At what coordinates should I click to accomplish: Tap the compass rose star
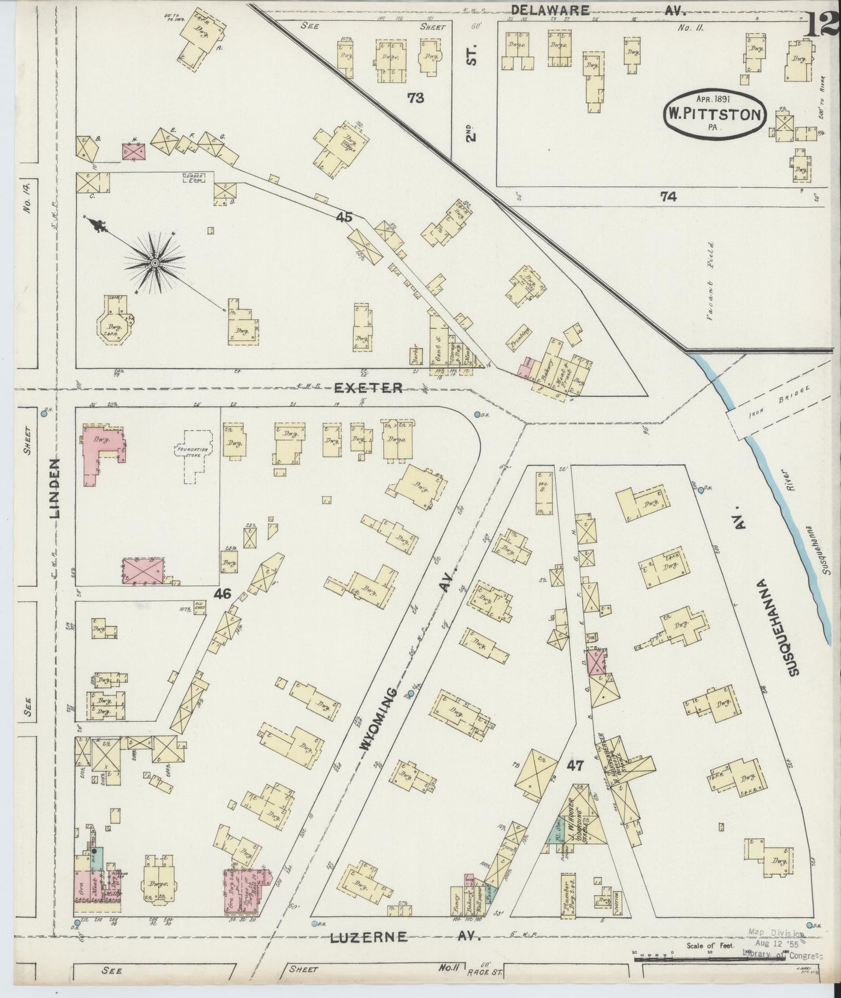(x=155, y=264)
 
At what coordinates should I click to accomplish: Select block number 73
(x=416, y=98)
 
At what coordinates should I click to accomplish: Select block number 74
(x=668, y=197)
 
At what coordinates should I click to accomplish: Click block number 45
(x=344, y=217)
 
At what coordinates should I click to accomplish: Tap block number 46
(x=222, y=594)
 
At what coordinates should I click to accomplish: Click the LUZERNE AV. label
(x=406, y=937)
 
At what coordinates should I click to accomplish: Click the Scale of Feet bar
(x=712, y=953)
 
